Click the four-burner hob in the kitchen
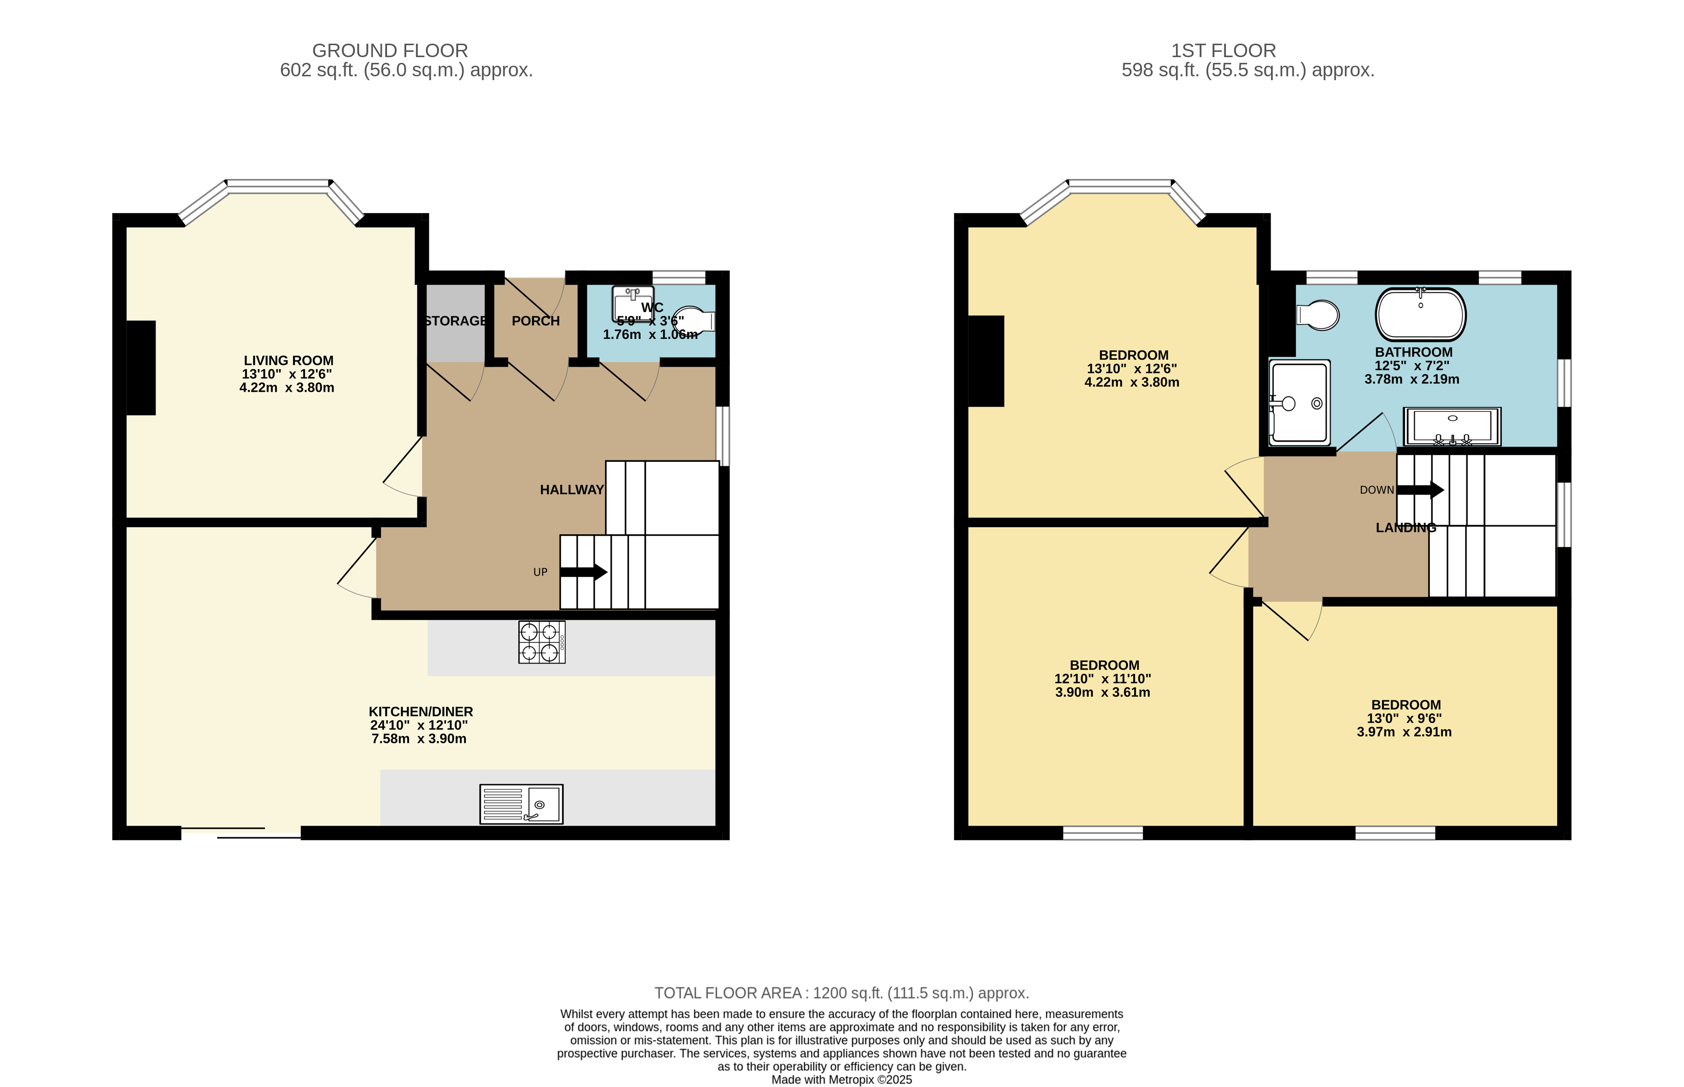coord(541,641)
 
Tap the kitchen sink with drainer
coord(521,804)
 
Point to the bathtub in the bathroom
coord(1420,315)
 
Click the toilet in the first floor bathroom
coord(1319,315)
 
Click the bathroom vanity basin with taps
coord(1452,426)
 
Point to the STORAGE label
coord(455,321)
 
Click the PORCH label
coord(536,321)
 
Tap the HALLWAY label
coord(572,490)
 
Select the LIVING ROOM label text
coord(288,361)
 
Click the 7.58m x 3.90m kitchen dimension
coord(419,739)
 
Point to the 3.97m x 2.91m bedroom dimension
coord(1404,732)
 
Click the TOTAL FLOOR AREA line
coord(841,993)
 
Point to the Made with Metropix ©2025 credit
coord(841,1079)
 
